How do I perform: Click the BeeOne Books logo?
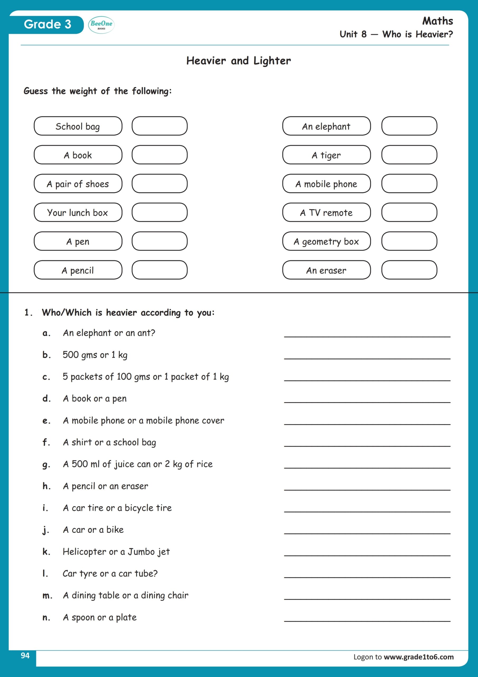click(101, 25)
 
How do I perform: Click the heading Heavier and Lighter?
click(238, 61)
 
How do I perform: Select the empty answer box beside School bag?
click(159, 126)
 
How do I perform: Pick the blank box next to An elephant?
click(409, 126)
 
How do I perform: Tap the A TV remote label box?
click(326, 212)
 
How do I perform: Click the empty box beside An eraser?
click(409, 270)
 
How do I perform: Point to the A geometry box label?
click(326, 241)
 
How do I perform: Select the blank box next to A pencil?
click(159, 270)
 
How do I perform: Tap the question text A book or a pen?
click(95, 399)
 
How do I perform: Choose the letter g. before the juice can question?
click(46, 464)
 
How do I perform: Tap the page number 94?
click(25, 656)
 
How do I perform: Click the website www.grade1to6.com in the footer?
click(419, 657)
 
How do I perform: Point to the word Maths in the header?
click(437, 21)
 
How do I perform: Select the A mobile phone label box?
click(326, 184)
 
